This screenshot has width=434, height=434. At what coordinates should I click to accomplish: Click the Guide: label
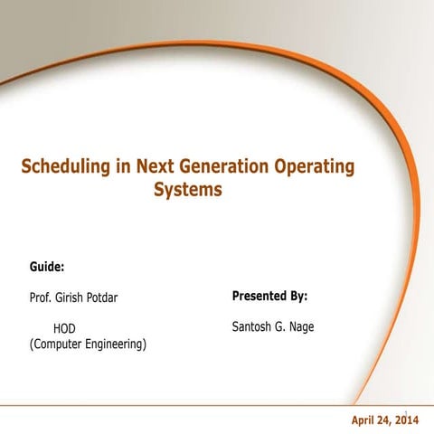pyautogui.click(x=47, y=268)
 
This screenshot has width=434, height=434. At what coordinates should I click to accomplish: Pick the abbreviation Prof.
pyautogui.click(x=42, y=297)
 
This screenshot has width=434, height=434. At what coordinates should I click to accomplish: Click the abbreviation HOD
pyautogui.click(x=64, y=328)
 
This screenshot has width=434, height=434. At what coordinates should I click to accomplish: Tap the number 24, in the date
pyautogui.click(x=390, y=420)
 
